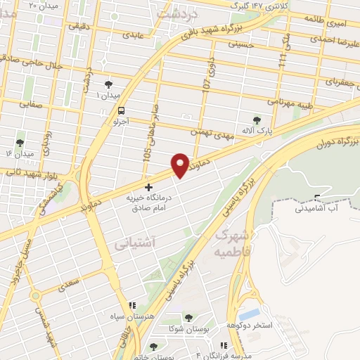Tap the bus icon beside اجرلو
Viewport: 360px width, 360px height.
tap(122, 110)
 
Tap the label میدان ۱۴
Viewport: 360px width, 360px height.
tap(20, 153)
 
